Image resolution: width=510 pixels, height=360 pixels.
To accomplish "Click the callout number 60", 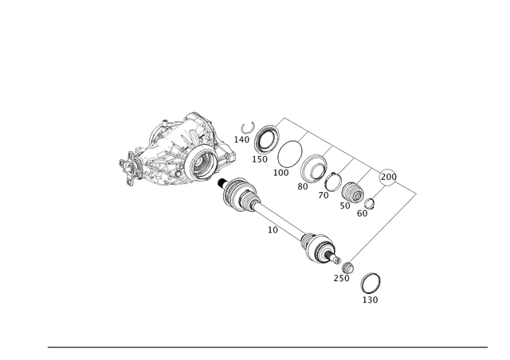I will coord(364,213).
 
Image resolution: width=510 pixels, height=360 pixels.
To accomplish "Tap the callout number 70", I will coord(325,195).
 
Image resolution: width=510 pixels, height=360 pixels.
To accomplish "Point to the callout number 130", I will coord(261,158).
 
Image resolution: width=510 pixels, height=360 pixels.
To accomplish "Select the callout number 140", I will coord(242,137).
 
